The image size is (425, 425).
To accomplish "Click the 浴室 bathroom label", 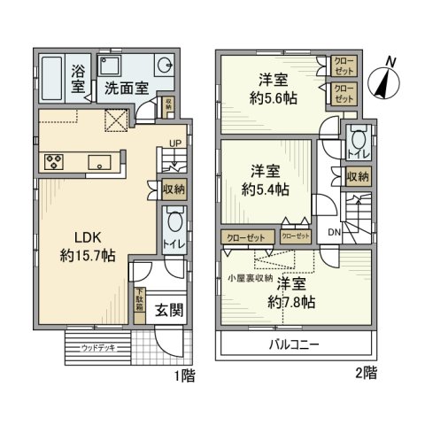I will (x=78, y=81).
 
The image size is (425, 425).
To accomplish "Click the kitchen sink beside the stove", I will (x=97, y=161).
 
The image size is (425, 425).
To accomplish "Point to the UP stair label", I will (x=175, y=147).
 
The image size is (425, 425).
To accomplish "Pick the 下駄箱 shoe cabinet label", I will (x=139, y=302).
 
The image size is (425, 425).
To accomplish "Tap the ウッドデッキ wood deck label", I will (x=88, y=347).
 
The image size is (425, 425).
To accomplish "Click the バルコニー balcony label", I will (x=295, y=344).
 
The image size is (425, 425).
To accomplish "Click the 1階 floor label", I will (x=184, y=375).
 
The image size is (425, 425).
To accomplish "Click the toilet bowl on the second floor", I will (x=358, y=141).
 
